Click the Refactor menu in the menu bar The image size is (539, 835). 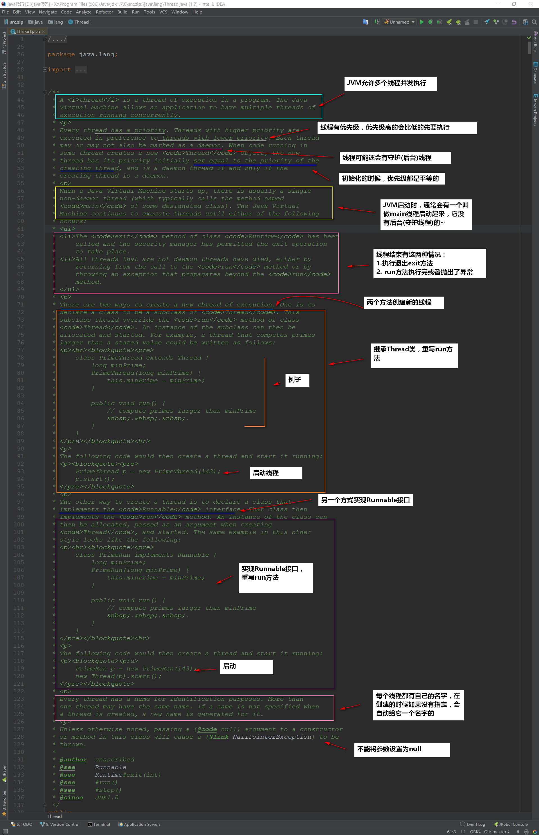coord(104,12)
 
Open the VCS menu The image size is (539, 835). coord(163,12)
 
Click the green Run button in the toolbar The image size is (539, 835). coord(422,22)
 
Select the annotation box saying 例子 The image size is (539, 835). coord(297,380)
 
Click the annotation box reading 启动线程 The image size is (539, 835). coord(276,473)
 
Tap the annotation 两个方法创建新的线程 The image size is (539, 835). coord(404,302)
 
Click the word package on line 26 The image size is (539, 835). coord(61,54)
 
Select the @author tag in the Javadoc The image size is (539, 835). coord(73,759)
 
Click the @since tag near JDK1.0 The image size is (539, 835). coord(71,798)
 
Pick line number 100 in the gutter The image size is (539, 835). coord(19,524)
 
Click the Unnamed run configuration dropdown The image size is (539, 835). coord(399,22)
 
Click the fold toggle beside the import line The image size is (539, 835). coord(45,70)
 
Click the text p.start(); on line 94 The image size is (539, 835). coord(94,479)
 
